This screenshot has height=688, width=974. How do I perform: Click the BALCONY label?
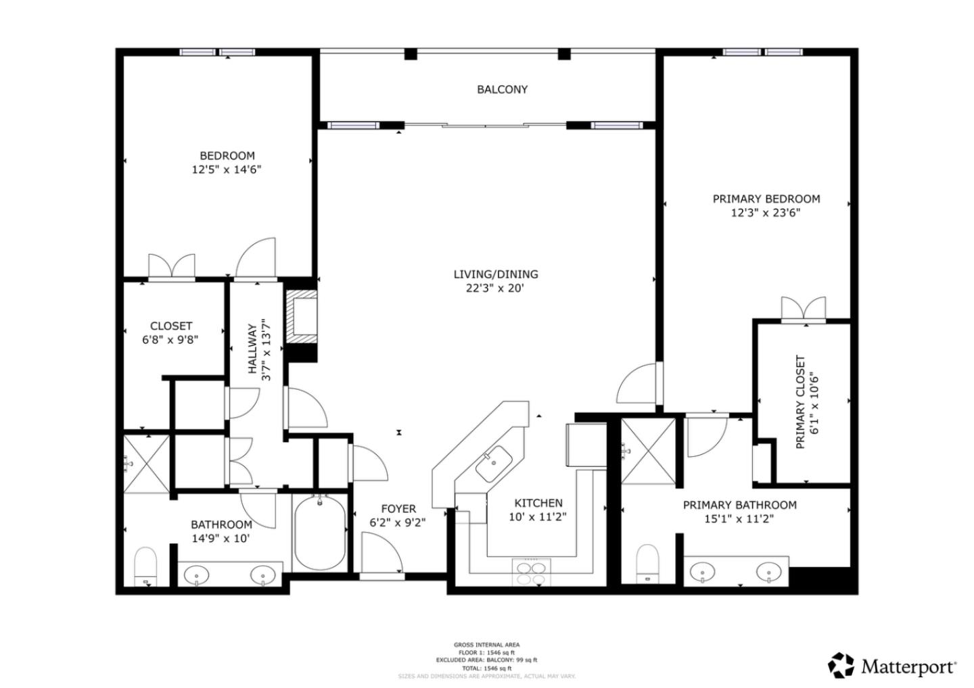click(502, 89)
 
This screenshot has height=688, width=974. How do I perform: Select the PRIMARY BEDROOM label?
click(766, 199)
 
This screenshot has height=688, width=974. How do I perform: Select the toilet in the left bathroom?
click(145, 566)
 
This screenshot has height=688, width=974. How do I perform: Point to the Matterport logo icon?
click(841, 666)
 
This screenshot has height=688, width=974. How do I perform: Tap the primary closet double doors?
click(804, 309)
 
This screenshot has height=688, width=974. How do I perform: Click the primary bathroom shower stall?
click(648, 451)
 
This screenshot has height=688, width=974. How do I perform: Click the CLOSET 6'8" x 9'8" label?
click(170, 333)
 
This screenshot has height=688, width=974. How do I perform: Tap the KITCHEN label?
click(538, 503)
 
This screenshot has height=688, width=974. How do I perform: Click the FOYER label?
click(398, 509)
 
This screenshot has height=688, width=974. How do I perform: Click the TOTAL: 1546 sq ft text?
click(486, 668)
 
